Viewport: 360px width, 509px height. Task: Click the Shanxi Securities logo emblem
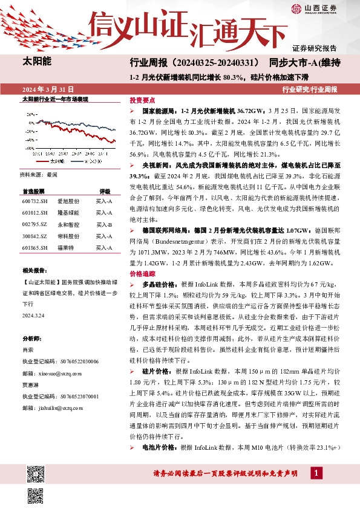pyautogui.click(x=296, y=8)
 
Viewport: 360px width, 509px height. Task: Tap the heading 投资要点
pyautogui.click(x=142, y=100)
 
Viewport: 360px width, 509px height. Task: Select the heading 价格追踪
pyautogui.click(x=142, y=273)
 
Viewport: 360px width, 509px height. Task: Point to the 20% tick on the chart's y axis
pyautogui.click(x=30, y=113)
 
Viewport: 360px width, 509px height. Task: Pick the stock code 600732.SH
pyautogui.click(x=34, y=201)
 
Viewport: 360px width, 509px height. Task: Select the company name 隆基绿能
pyautogui.click(x=68, y=213)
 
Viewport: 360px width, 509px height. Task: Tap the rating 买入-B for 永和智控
pyautogui.click(x=104, y=224)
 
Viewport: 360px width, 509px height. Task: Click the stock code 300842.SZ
pyautogui.click(x=34, y=236)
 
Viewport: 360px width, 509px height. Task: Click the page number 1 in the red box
pyautogui.click(x=316, y=472)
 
